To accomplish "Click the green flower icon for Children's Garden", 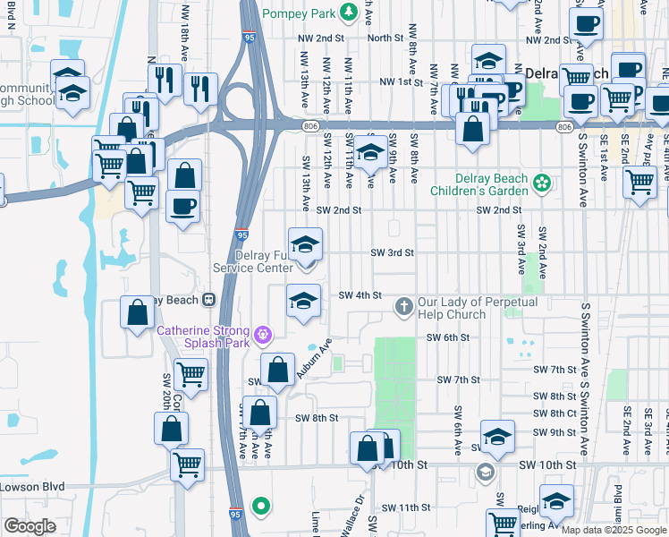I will [x=540, y=184].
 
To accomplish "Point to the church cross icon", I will [x=403, y=307].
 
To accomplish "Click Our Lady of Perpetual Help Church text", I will [x=476, y=308].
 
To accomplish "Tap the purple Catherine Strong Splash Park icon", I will [x=261, y=336].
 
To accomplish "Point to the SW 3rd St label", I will [x=393, y=253].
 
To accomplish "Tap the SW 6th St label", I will [x=448, y=337].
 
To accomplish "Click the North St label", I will [x=385, y=38].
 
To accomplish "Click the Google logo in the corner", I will [x=30, y=526].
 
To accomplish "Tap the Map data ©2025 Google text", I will [x=614, y=530].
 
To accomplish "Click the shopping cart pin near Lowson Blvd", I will [x=188, y=464].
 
